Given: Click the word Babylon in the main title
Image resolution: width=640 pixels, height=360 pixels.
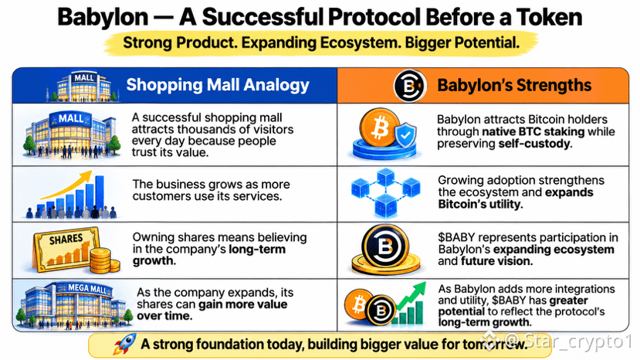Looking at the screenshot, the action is click(103, 17).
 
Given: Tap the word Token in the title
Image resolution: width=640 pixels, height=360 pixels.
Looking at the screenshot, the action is click(549, 17).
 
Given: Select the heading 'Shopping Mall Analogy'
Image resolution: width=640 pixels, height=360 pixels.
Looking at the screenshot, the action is click(218, 85).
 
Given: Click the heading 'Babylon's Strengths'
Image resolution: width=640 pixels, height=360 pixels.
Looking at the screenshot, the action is click(514, 86).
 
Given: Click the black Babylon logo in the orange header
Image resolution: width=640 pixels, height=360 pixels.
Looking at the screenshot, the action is click(410, 86).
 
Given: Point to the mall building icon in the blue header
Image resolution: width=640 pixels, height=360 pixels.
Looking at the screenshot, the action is click(84, 87).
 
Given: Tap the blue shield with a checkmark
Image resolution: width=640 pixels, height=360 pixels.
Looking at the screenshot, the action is click(405, 135).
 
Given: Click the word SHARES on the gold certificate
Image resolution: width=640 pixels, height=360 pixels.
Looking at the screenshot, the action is click(66, 239).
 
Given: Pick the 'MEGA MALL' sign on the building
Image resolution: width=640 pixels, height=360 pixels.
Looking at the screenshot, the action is click(87, 288).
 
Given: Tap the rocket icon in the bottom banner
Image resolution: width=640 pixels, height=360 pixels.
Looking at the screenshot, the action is click(125, 344).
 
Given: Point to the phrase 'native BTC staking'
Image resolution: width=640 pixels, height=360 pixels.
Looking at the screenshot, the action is click(533, 131).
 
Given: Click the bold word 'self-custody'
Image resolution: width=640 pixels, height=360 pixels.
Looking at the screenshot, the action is click(535, 144).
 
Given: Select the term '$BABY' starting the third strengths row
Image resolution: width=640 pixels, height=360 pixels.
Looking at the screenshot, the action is click(457, 237).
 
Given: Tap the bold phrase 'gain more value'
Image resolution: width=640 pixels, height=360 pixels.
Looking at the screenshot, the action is click(243, 304).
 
